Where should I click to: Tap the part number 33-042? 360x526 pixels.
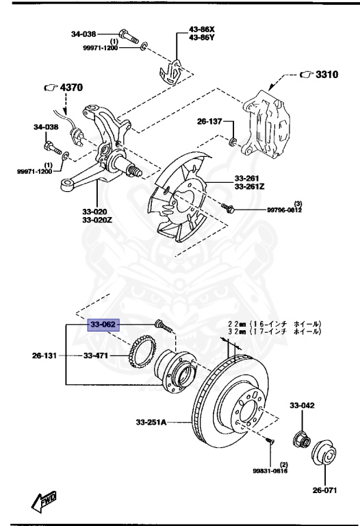(x=301, y=406)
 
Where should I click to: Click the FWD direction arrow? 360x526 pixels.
(x=44, y=501)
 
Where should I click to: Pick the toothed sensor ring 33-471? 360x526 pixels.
(x=143, y=349)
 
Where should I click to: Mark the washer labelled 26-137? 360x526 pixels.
(x=233, y=142)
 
